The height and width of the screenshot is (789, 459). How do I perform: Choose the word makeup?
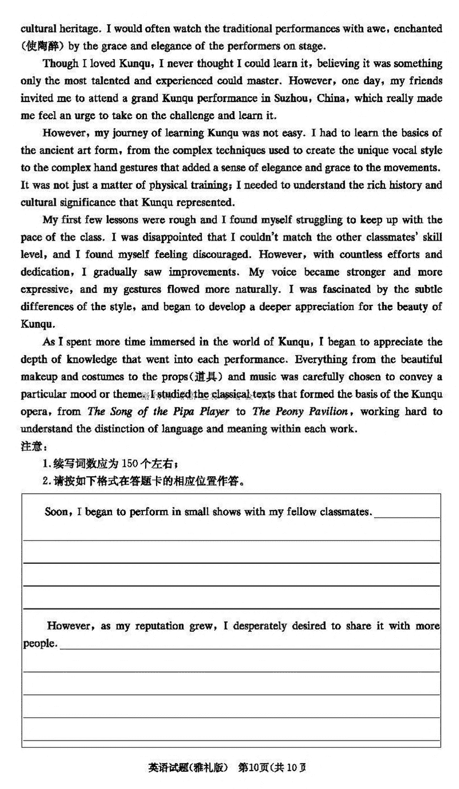[38, 377]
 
